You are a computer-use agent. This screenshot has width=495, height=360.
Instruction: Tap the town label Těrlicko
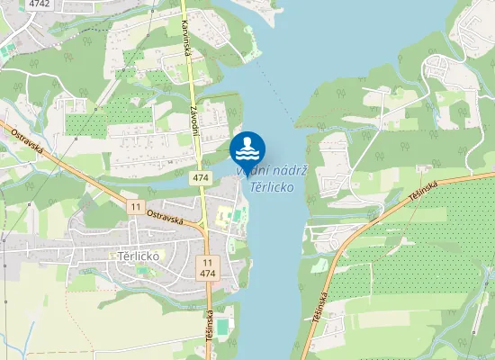point(139,256)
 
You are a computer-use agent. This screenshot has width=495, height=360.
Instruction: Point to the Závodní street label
point(194,120)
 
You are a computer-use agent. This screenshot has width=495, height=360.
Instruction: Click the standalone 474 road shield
point(201,179)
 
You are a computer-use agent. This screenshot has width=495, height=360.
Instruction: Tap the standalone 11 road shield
point(135,207)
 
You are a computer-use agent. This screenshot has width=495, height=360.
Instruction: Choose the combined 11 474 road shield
point(208,265)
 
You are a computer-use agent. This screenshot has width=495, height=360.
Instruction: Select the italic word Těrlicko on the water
point(272,187)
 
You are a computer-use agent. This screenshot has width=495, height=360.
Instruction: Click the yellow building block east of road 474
point(223,215)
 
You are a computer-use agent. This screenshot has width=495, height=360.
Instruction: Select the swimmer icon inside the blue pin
point(247,145)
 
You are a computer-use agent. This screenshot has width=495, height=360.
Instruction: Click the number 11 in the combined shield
point(208,260)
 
